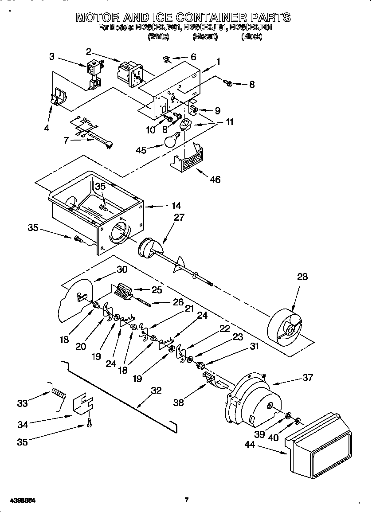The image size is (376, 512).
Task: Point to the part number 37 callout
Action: (x=307, y=377)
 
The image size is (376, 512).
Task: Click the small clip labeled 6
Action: (x=167, y=59)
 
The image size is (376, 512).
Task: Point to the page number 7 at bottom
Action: (x=187, y=500)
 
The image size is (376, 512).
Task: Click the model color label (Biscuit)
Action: (x=205, y=37)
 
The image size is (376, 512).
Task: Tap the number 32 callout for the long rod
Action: (x=156, y=391)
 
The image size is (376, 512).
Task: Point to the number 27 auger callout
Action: (x=179, y=218)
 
